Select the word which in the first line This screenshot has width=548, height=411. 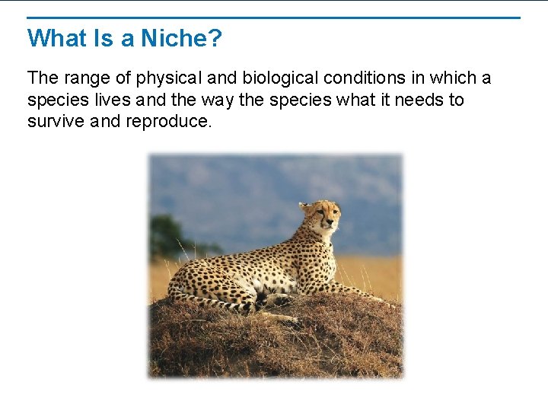tap(452, 78)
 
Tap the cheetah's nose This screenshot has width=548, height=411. tap(333, 221)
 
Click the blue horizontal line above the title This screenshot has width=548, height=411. tap(274, 18)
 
